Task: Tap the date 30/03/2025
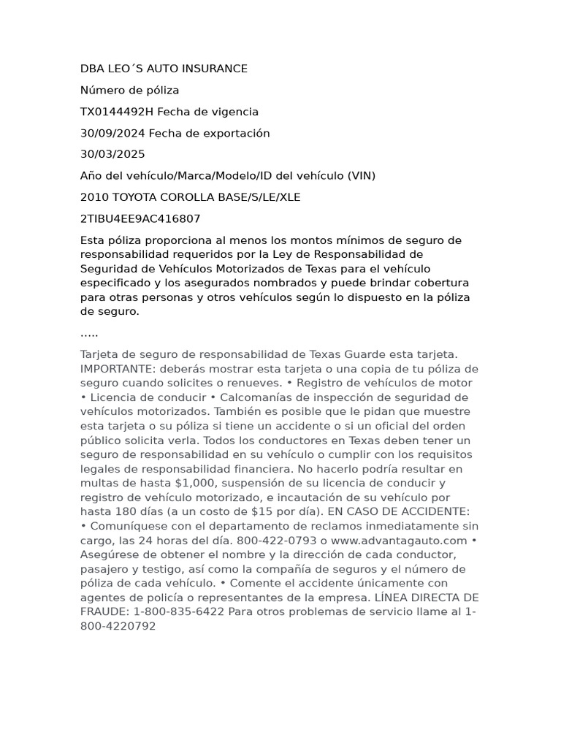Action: pos(112,154)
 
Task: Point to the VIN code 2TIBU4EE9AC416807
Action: pos(140,218)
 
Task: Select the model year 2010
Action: pos(93,197)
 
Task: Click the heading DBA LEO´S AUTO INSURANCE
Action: pos(164,69)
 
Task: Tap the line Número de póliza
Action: pos(129,90)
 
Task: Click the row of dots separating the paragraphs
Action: pos(89,334)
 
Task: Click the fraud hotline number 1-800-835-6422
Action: pos(178,612)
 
